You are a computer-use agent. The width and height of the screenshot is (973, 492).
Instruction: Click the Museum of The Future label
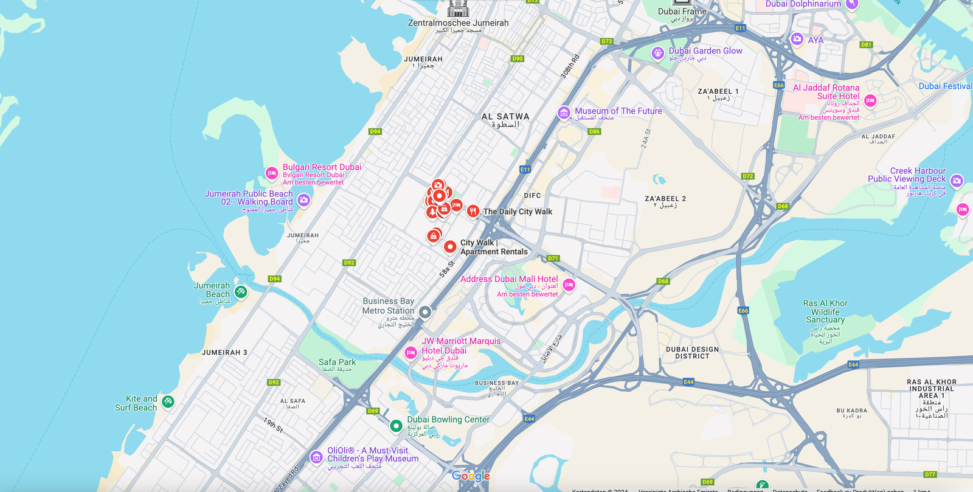(x=618, y=111)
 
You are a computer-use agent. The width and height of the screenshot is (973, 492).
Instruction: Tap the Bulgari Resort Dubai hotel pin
(x=272, y=173)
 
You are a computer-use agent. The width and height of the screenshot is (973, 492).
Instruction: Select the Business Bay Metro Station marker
(x=425, y=312)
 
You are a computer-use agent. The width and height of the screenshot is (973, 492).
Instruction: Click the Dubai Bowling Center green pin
(x=396, y=426)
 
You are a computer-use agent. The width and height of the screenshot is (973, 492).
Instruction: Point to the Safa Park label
(x=337, y=362)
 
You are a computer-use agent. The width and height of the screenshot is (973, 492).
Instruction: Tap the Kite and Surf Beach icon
(x=168, y=401)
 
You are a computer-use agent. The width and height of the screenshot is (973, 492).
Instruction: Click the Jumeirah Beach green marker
(x=241, y=292)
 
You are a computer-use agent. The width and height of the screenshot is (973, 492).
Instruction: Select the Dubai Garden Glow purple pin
(x=657, y=53)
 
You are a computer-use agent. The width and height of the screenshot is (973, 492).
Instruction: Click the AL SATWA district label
(x=505, y=117)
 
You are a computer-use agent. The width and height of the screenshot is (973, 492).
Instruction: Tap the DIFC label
(x=532, y=196)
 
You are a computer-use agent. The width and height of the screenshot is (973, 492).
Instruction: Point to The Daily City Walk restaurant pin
(x=473, y=211)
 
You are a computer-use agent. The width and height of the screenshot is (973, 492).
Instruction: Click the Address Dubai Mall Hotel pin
(x=569, y=285)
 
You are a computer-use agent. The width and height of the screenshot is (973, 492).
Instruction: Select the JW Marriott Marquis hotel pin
(x=411, y=352)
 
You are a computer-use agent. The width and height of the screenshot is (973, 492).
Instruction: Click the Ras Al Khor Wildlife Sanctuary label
(x=825, y=311)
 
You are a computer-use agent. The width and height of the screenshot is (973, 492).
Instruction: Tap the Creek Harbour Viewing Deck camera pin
(x=957, y=181)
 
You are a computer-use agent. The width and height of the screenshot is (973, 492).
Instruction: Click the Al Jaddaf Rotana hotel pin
(x=870, y=100)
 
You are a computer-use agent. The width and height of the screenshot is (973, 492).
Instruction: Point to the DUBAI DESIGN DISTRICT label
(x=692, y=353)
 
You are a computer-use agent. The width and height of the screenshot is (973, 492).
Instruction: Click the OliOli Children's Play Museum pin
(x=316, y=457)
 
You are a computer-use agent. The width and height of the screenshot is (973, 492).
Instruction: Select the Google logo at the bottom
(x=471, y=476)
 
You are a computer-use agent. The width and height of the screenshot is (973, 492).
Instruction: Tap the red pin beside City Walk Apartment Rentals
(x=450, y=246)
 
